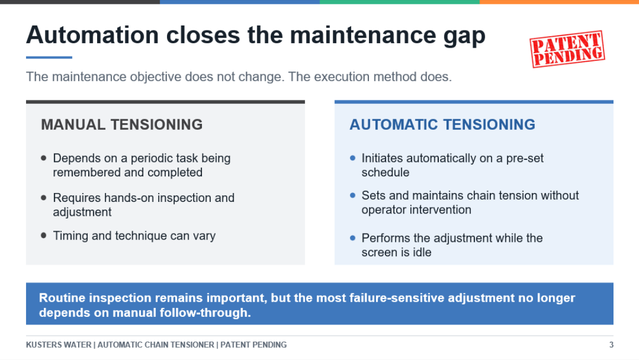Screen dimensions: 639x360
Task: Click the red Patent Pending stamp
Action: coord(567,49)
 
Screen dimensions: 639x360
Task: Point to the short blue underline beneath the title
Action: coord(49,58)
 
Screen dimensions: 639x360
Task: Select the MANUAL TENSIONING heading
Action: coord(122,124)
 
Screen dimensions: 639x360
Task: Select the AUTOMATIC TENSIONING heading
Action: coord(442,124)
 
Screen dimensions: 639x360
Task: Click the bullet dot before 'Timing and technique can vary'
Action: coord(44,235)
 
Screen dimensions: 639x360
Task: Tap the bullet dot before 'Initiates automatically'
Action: coord(353,158)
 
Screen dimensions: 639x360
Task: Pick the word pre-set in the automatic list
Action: coord(525,158)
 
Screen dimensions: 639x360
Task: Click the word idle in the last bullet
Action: coord(422,252)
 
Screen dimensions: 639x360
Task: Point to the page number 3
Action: coord(611,345)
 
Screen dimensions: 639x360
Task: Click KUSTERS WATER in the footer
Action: coord(59,345)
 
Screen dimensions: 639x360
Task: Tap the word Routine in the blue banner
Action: coord(62,298)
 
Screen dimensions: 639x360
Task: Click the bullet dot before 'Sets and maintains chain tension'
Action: coord(353,195)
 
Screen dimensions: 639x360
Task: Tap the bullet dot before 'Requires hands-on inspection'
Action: coord(44,197)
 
